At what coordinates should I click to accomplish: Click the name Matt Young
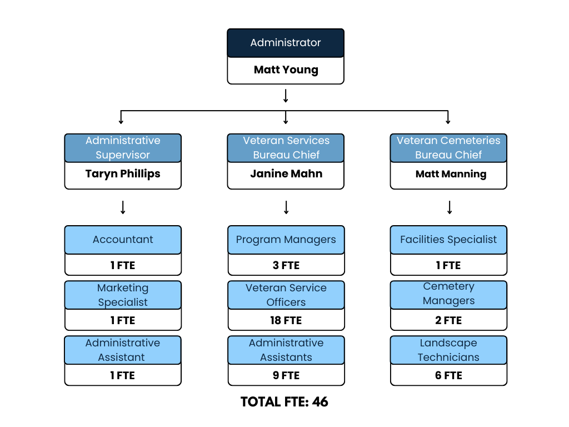(286, 70)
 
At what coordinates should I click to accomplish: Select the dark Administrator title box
(286, 43)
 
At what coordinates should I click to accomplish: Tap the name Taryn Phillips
(123, 174)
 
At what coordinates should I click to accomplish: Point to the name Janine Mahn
(286, 174)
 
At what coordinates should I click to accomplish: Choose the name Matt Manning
(448, 174)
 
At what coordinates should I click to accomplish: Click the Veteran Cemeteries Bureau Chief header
(448, 148)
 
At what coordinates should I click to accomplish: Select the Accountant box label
(123, 240)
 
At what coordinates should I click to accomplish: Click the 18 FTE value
(286, 320)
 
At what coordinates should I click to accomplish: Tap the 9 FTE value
(286, 375)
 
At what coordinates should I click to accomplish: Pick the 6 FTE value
(448, 375)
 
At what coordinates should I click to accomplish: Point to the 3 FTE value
(286, 265)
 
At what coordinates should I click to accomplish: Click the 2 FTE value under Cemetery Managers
(448, 320)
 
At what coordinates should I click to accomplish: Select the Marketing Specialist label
(123, 295)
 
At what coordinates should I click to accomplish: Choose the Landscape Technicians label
(448, 350)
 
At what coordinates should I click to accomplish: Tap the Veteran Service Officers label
(286, 295)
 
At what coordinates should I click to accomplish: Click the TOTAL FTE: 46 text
(284, 402)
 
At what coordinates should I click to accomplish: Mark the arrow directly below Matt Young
(286, 96)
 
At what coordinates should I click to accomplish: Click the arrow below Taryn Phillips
(123, 207)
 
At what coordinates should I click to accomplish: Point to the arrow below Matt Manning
(449, 207)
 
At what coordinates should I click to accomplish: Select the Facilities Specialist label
(448, 240)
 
